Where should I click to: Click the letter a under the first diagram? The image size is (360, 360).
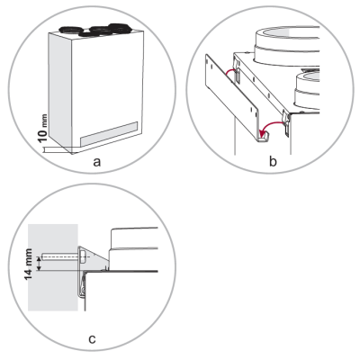[96, 162]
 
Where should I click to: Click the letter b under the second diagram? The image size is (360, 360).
[273, 161]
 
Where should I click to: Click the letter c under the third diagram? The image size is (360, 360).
[92, 339]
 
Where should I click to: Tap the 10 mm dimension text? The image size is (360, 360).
[43, 129]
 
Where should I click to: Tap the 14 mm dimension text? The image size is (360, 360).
[29, 265]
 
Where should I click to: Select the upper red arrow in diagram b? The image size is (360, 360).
[231, 72]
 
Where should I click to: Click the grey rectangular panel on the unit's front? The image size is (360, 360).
[109, 134]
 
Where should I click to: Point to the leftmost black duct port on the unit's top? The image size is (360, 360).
[71, 30]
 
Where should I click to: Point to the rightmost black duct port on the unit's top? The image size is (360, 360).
[121, 28]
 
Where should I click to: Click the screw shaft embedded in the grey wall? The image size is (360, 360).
[60, 257]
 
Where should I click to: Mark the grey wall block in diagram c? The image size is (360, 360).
[53, 267]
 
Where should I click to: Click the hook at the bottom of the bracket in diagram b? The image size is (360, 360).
[264, 139]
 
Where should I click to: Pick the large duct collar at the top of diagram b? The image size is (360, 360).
[286, 46]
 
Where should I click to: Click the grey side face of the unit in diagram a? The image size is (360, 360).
[60, 93]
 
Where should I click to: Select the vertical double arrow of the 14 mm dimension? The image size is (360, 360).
[38, 264]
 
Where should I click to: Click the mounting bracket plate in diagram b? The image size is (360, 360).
[232, 97]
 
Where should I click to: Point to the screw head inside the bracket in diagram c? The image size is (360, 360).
[84, 257]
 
